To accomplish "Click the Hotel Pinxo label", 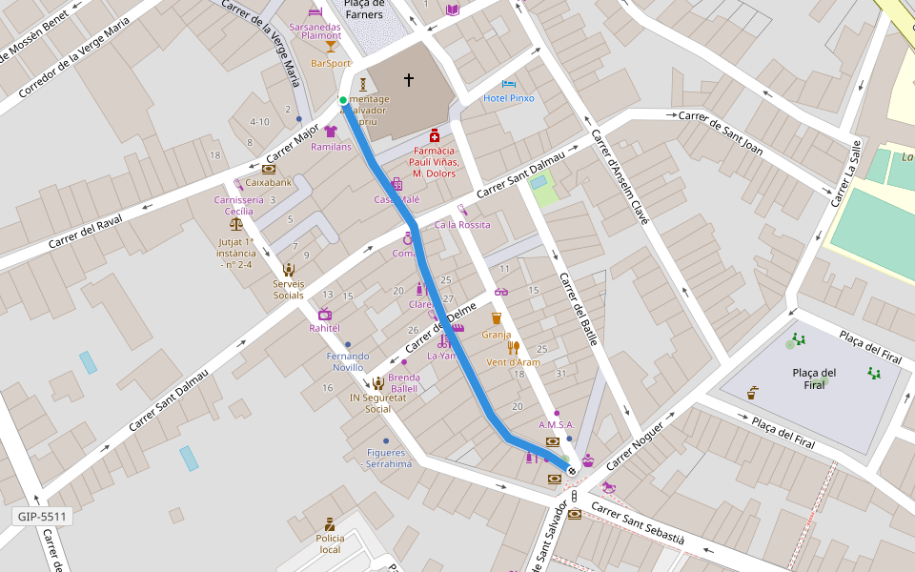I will point(508,98).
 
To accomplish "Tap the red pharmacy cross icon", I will point(435,136).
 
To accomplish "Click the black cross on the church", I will point(409,80).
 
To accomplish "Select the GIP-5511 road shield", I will point(43,517).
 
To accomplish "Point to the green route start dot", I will point(343,99).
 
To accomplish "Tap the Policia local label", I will point(329,543).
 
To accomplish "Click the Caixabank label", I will point(268,181).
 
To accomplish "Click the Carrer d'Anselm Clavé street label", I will point(620,176).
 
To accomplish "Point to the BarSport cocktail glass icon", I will point(331,46).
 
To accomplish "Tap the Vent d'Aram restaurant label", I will point(513,362).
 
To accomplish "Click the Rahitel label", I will point(324,328).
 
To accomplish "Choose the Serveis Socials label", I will point(289,289).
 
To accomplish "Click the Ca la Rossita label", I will point(461,225).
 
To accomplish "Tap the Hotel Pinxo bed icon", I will point(508,84).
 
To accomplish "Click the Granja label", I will point(496,335).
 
